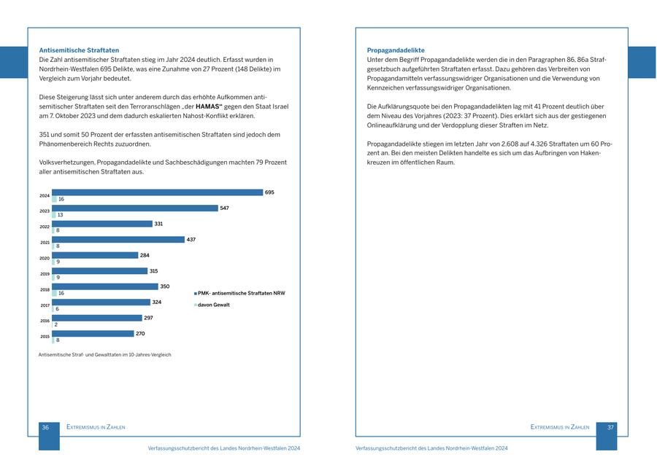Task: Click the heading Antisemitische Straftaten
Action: [79, 50]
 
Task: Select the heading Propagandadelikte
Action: [396, 50]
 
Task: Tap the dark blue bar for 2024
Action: [157, 192]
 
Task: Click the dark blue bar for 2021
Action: [118, 239]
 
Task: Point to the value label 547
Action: [225, 208]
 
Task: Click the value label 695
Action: [269, 192]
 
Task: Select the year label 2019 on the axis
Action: [45, 273]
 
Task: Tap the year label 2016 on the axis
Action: [45, 321]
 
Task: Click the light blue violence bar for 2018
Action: [54, 293]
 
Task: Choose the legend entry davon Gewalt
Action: [213, 305]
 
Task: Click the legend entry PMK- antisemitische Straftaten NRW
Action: [241, 293]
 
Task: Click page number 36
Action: [45, 427]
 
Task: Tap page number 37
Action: [611, 427]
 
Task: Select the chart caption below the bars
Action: [104, 355]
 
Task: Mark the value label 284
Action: [145, 255]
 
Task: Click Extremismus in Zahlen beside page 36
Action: [96, 427]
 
